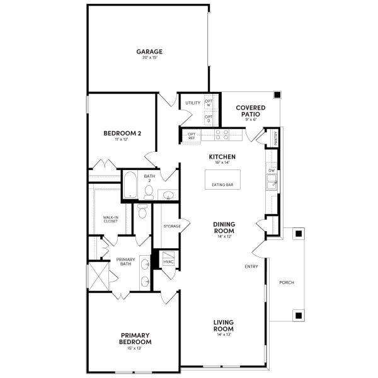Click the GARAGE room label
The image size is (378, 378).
coord(150,52)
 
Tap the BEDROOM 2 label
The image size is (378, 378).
coord(122,133)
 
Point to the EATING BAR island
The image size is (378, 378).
coord(223,184)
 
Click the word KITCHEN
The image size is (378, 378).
coord(222,156)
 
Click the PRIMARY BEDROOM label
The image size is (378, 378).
coord(135,338)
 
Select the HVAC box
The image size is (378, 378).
coord(169,261)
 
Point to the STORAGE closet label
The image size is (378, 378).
coord(172,226)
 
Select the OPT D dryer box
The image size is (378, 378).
coord(209,117)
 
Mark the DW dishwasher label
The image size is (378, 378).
coord(272,170)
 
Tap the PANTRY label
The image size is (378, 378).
coord(276,137)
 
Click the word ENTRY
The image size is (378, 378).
coord(251,266)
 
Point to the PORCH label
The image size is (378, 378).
coord(286,282)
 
